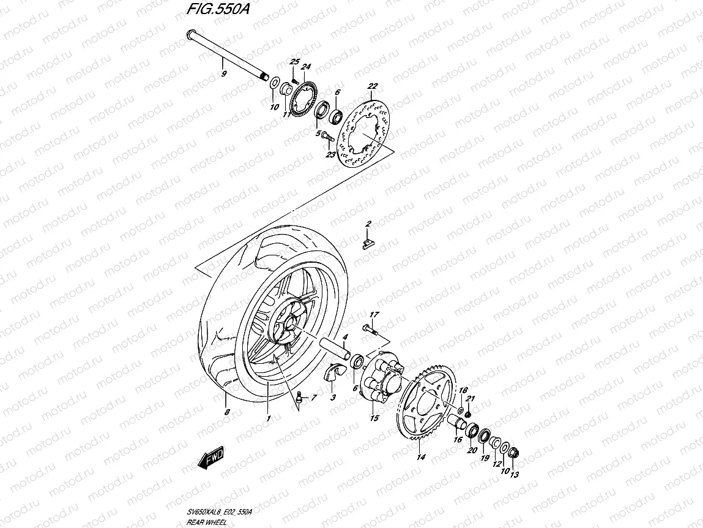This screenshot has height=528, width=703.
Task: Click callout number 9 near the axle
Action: (224, 74)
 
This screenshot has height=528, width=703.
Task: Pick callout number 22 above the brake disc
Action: (373, 86)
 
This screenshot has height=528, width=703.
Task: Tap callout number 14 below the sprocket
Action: (420, 457)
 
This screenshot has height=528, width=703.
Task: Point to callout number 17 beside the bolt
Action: (374, 315)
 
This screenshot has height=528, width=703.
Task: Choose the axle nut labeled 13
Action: (513, 454)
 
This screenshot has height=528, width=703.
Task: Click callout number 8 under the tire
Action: (227, 412)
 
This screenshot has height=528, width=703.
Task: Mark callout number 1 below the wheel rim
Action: (268, 418)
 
